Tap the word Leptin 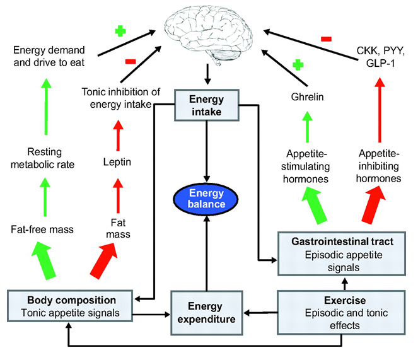pos(117,162)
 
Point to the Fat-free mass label pos(43,229)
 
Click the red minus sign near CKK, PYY pos(326,39)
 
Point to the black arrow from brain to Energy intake pos(206,74)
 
